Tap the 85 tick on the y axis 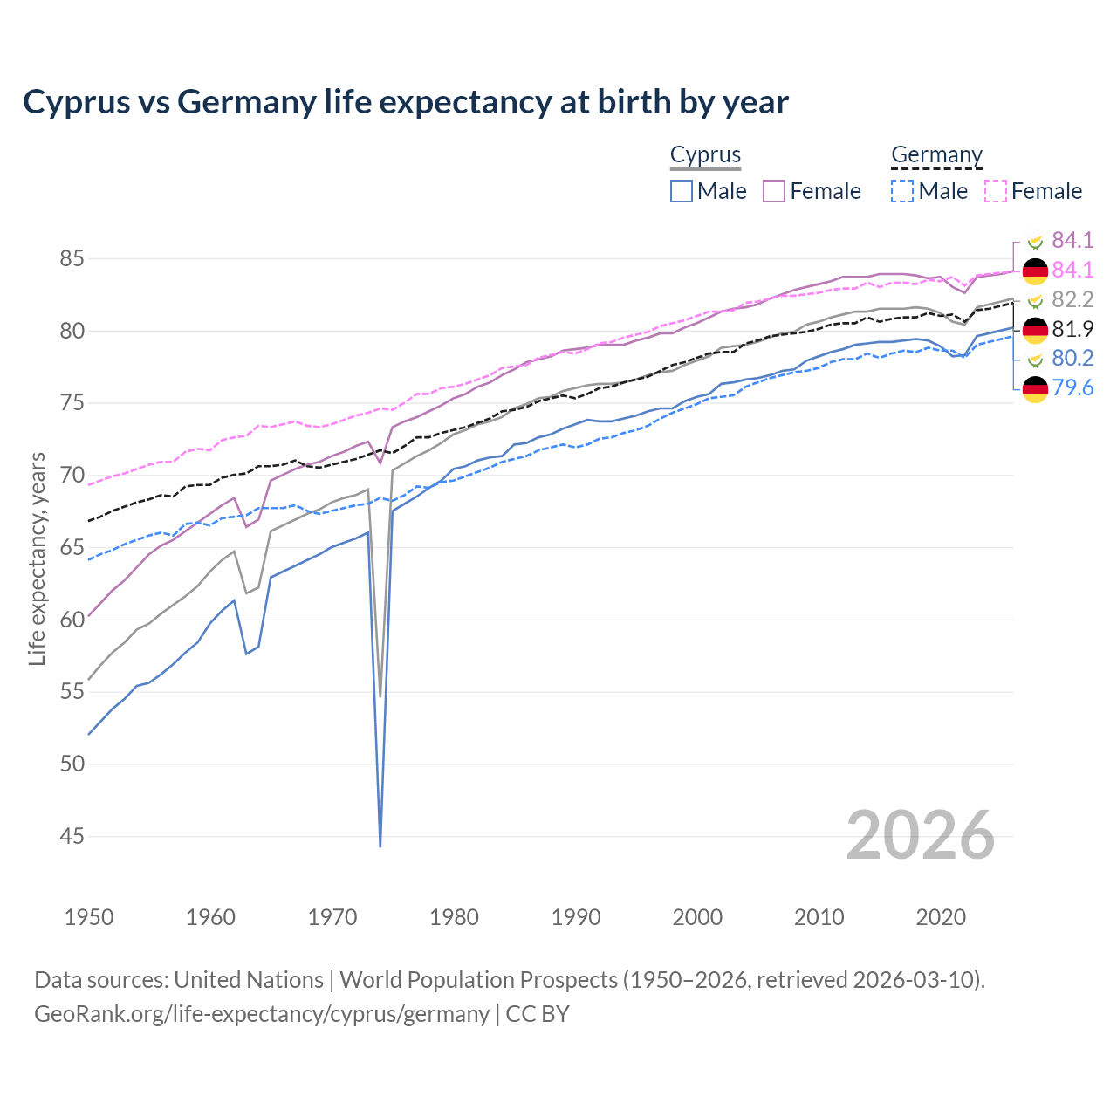tap(72, 259)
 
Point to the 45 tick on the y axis tap(72, 837)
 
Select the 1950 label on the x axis tap(89, 917)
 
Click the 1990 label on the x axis tap(576, 917)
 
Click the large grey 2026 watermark tap(921, 835)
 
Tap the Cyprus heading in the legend tap(705, 155)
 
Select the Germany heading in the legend tap(936, 155)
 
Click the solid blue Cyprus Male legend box tap(682, 191)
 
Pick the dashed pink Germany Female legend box tap(996, 191)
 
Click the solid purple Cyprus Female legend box tap(774, 191)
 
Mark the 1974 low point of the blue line tap(380, 845)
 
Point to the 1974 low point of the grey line tap(380, 695)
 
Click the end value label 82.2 tap(1072, 300)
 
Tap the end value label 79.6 tap(1072, 388)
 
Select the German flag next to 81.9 tap(1035, 330)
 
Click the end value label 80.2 tap(1072, 359)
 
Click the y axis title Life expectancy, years tap(37, 558)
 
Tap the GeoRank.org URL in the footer tap(262, 1014)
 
